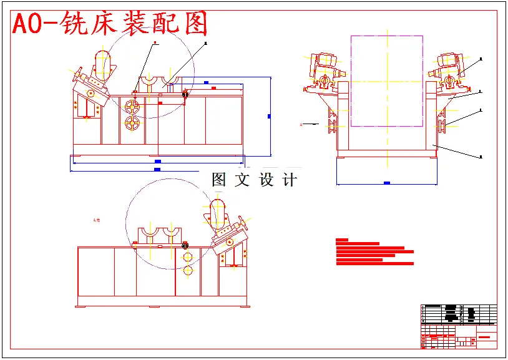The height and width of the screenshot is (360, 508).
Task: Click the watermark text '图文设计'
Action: pyautogui.click(x=254, y=180)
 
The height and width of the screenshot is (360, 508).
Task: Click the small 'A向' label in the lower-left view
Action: pyautogui.click(x=96, y=220)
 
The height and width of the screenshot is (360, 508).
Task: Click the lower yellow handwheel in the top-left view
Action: pyautogui.click(x=132, y=124)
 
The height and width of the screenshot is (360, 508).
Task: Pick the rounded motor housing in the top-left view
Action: pyautogui.click(x=103, y=63)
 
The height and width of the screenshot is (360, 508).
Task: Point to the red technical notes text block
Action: pyautogui.click(x=373, y=253)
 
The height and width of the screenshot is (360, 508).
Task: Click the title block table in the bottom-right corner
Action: pyautogui.click(x=459, y=326)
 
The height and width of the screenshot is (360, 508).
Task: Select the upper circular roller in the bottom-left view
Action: pyautogui.click(x=188, y=256)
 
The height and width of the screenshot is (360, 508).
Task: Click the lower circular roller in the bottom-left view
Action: pyautogui.click(x=188, y=271)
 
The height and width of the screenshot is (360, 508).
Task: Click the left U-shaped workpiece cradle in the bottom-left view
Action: pyautogui.click(x=150, y=235)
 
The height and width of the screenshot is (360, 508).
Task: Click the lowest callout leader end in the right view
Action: pyautogui.click(x=481, y=157)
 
